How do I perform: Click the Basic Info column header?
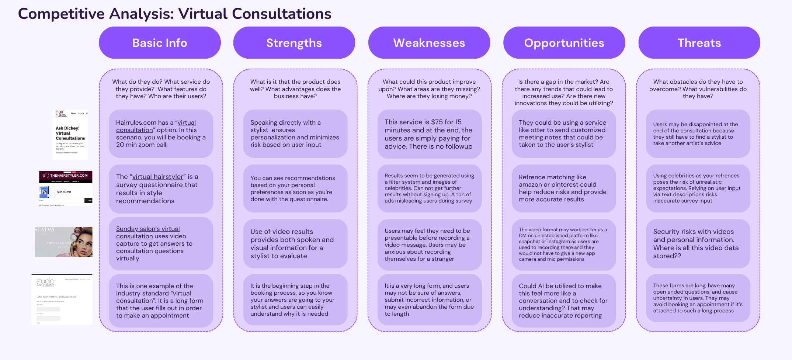160,43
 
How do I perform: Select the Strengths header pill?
294,43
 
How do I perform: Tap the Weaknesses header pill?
429,43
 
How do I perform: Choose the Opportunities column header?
564,43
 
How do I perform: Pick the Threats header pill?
699,43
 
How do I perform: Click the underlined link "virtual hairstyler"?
158,177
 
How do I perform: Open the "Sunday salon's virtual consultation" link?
148,229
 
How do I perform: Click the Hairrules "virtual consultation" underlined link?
186,123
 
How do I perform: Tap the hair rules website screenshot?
70,134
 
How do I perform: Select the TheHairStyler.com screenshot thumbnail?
66,188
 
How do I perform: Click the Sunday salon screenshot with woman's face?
63,242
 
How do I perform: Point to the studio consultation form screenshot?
62,300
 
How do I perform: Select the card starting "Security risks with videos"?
698,244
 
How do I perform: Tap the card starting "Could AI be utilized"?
563,300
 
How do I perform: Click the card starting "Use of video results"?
295,244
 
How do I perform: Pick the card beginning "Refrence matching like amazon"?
563,188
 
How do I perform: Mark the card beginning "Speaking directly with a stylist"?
295,134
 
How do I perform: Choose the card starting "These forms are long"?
698,298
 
